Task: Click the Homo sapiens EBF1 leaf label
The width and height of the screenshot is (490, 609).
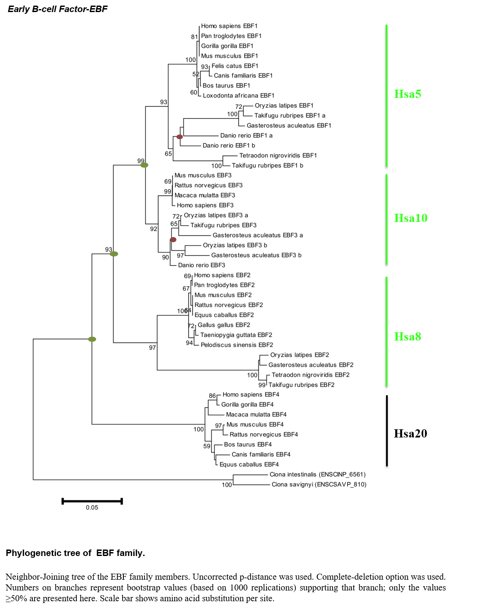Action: (229, 26)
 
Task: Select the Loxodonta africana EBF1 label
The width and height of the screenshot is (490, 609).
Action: (239, 96)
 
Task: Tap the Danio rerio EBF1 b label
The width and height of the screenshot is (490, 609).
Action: (229, 145)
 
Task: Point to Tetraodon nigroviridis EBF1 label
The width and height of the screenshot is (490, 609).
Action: (278, 155)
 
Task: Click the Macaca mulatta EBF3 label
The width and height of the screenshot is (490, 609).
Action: (204, 195)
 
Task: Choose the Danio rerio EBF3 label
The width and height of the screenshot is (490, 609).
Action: (201, 265)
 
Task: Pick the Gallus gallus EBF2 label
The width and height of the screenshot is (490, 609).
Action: (224, 325)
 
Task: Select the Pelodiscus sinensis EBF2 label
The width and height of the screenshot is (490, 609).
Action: (237, 345)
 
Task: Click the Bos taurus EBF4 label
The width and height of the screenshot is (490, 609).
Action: (248, 445)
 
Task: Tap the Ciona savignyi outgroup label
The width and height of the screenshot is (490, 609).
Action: (319, 484)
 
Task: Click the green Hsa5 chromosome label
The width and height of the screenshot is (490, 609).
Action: (408, 94)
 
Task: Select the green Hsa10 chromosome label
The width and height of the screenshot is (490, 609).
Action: (411, 218)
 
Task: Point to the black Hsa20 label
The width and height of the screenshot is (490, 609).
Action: (410, 434)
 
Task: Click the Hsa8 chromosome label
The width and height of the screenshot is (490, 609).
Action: (408, 337)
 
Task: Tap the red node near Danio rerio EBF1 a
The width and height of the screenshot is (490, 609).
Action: (179, 137)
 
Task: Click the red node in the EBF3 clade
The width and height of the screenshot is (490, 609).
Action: (173, 240)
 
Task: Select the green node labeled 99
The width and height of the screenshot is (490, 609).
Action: (144, 165)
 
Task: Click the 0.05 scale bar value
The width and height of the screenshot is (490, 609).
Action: (92, 507)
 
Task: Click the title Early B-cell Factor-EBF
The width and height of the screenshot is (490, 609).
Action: (57, 9)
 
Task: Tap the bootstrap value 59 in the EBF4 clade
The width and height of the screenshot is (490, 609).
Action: (207, 446)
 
